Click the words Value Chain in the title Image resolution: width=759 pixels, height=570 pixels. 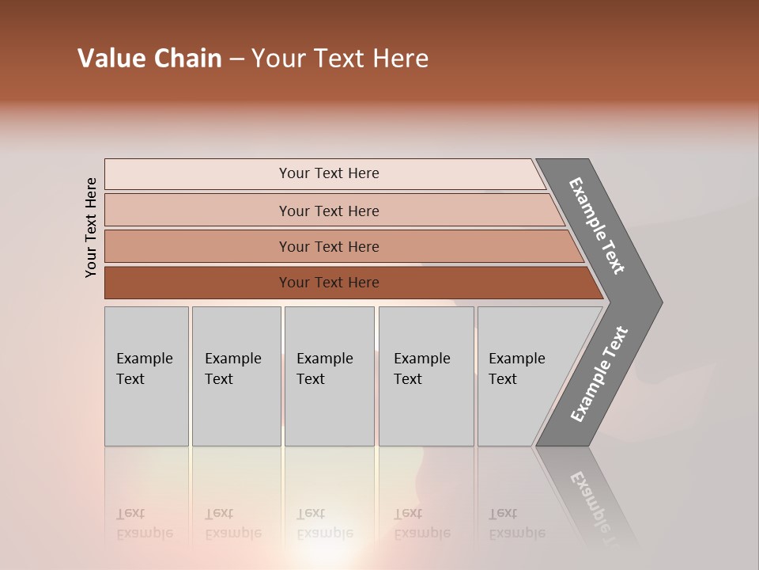(149, 59)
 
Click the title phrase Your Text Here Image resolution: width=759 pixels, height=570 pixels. (340, 59)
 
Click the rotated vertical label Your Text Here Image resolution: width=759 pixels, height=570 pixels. (91, 227)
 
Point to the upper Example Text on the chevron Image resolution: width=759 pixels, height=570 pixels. (597, 226)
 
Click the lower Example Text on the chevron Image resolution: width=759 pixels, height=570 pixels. (599, 374)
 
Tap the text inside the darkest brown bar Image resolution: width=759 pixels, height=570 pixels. (329, 283)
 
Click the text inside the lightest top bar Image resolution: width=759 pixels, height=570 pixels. (329, 173)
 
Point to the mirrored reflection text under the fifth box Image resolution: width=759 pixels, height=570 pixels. (516, 524)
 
